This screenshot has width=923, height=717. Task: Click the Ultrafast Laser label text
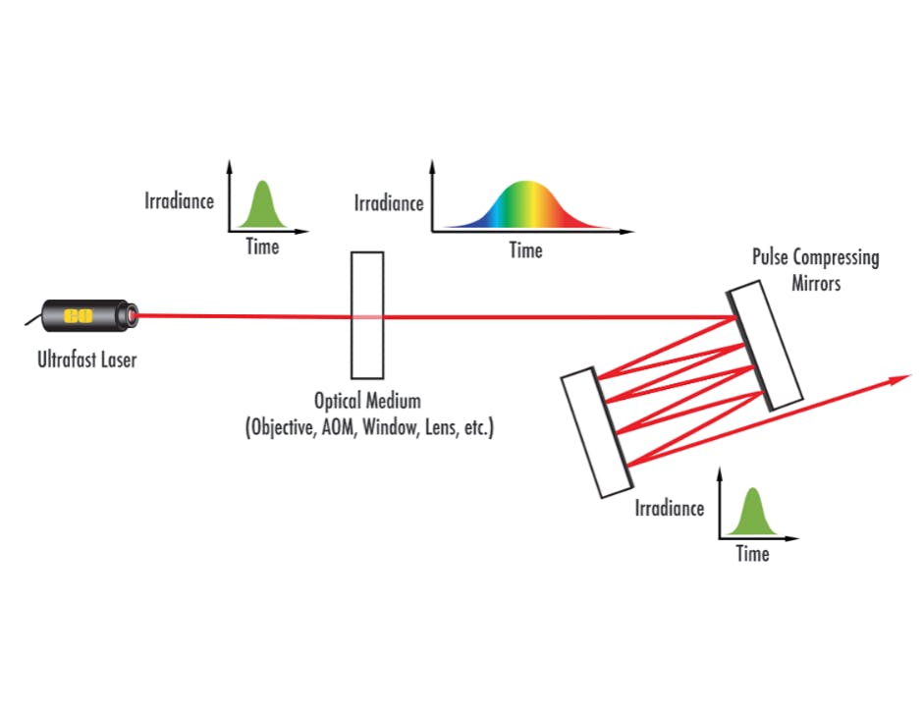coord(87,359)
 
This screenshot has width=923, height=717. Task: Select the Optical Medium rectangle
coord(366,315)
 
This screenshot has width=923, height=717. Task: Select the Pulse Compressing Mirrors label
coord(815,268)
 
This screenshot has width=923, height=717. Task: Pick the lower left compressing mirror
coord(596,432)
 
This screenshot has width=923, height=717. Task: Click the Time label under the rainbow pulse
coord(525,250)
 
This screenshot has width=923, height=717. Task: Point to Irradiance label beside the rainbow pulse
coord(388,203)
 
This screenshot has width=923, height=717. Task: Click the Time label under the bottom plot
coord(752,554)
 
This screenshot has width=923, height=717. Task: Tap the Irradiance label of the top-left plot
coord(179,200)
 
